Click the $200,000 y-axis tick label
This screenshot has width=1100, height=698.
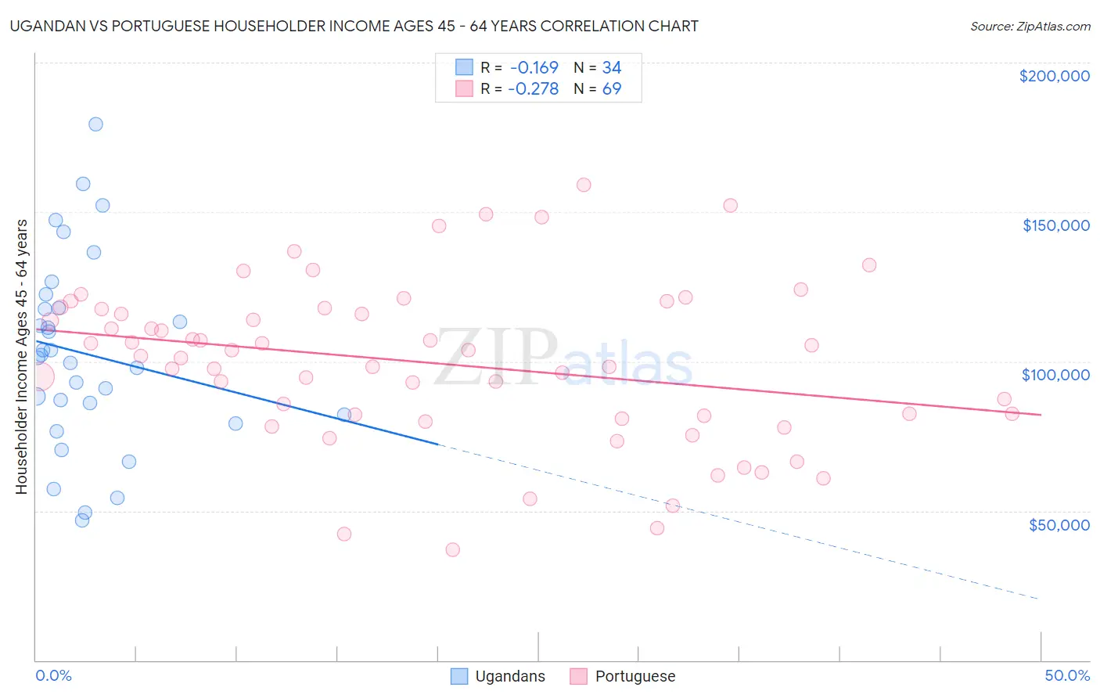[1054, 76]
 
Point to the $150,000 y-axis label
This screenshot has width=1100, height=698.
[1055, 225]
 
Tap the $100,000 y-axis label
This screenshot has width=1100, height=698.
[1055, 375]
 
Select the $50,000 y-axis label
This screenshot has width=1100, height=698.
[1059, 524]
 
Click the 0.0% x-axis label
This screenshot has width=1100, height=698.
[53, 675]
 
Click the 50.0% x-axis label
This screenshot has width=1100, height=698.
[1067, 675]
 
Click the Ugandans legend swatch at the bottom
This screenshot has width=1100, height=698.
[459, 676]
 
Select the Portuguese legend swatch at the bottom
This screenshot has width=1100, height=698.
[578, 676]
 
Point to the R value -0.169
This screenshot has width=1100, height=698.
[534, 67]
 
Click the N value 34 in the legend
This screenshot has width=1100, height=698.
[612, 67]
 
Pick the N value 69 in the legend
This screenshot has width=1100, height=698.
[612, 89]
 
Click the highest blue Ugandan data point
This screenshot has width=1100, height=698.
[95, 124]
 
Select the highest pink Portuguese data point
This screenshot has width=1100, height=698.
[584, 185]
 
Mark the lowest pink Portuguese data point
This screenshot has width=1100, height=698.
[452, 549]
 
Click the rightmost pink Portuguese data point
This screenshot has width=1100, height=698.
[1012, 414]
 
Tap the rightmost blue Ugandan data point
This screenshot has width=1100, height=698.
[344, 414]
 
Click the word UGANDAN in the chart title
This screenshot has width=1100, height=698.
[48, 26]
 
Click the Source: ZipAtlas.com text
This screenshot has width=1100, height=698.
[1030, 26]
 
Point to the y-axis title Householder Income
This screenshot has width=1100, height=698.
[21, 357]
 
